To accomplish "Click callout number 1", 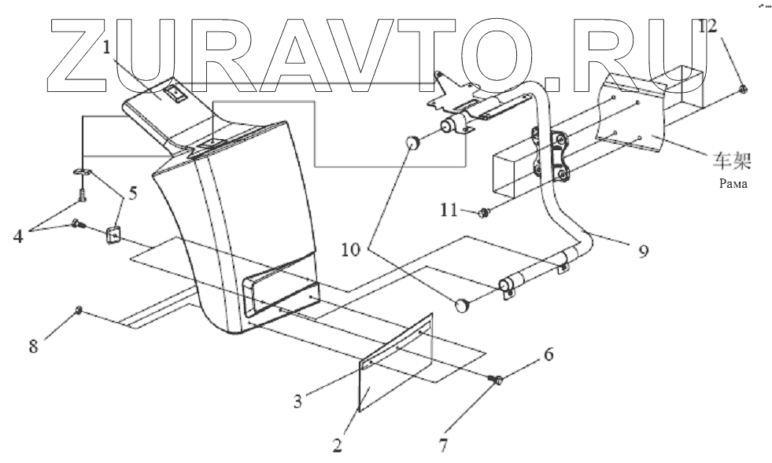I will tap(106, 48).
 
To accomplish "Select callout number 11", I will tap(448, 210).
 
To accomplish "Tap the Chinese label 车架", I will tap(731, 165).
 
